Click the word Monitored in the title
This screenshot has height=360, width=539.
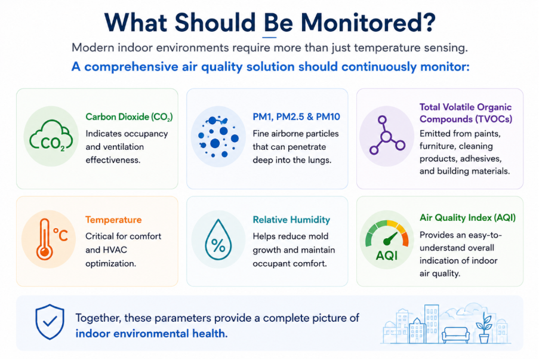[368, 23]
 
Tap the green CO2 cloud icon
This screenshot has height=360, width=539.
[51, 136]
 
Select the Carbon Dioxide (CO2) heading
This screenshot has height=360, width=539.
[129, 117]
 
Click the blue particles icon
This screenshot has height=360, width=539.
[218, 137]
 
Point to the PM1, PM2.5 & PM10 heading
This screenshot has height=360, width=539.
[296, 117]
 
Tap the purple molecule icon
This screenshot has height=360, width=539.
[387, 136]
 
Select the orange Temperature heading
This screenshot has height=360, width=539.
[113, 220]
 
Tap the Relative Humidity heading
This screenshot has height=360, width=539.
[291, 220]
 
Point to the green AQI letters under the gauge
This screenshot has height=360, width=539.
[387, 256]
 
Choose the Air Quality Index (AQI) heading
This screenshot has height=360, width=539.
[467, 218]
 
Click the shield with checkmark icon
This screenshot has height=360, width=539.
[50, 322]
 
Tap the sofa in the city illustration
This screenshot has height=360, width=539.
[455, 335]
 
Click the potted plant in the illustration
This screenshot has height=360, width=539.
[484, 328]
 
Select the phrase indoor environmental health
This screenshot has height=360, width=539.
[151, 334]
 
